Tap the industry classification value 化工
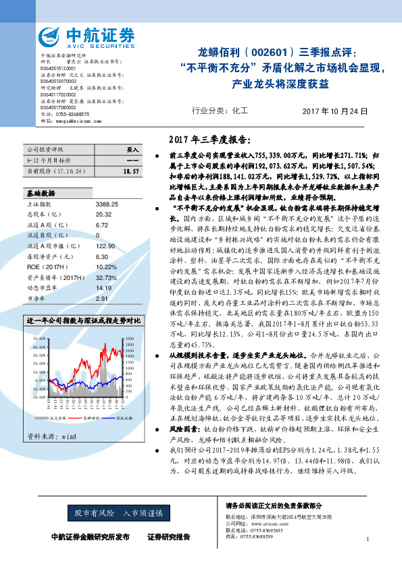click(239, 110)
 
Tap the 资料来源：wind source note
click(51, 418)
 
